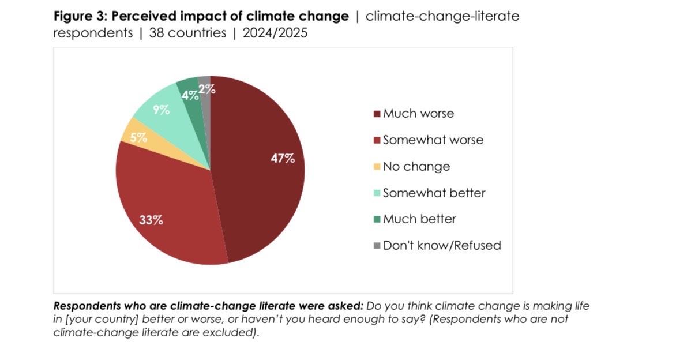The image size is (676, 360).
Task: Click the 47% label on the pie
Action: point(283,158)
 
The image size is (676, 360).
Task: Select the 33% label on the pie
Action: point(151,220)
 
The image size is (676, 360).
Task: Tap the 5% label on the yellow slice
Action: point(138,138)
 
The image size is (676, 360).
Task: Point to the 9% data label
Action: point(161,110)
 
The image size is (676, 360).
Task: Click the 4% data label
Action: point(190,96)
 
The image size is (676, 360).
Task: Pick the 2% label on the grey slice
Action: point(206,89)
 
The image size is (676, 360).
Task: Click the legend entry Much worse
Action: point(418,114)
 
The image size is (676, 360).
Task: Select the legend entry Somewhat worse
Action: point(433,140)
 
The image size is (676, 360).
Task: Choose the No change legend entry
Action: point(416,167)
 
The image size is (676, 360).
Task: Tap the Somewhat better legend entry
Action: point(434,193)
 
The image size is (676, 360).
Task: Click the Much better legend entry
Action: point(419,219)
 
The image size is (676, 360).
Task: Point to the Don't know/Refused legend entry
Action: point(441,246)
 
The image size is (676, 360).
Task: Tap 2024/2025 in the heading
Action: point(275,33)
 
